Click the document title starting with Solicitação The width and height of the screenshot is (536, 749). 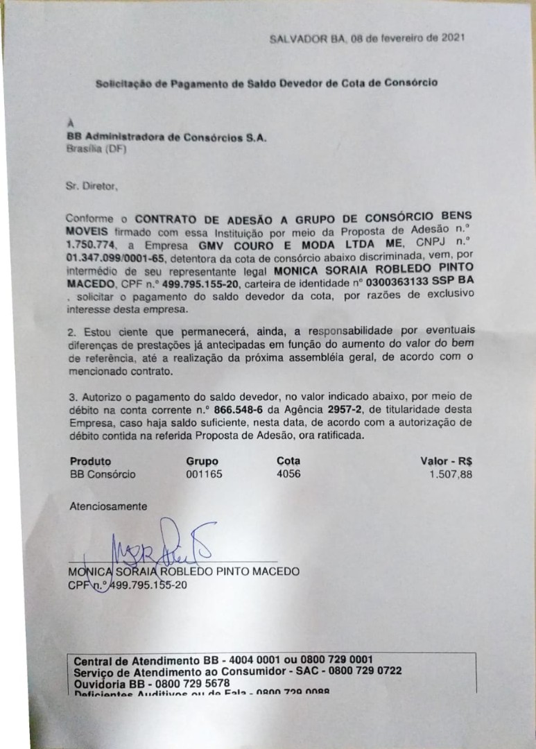point(266,83)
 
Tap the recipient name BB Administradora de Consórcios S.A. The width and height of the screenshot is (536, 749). point(166,137)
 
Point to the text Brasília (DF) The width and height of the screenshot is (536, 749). point(92,148)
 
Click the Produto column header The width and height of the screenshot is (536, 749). point(90,461)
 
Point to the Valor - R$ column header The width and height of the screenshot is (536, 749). point(451,461)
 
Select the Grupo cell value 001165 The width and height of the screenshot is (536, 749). point(202,474)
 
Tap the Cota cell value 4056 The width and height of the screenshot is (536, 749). point(288,474)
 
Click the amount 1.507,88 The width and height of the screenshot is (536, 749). point(455,474)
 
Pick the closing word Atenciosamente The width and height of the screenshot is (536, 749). point(108,506)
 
